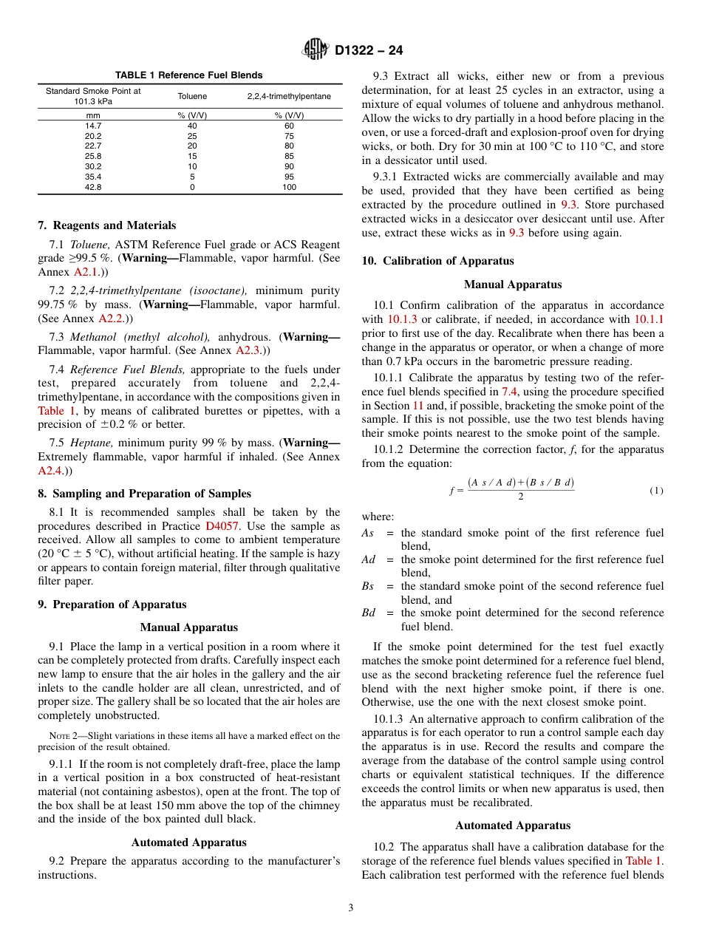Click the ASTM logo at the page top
click(x=316, y=50)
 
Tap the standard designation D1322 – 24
click(x=369, y=51)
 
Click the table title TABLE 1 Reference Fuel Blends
click(x=188, y=75)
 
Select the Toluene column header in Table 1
click(x=192, y=96)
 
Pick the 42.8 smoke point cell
click(x=93, y=188)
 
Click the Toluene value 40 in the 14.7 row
click(x=192, y=126)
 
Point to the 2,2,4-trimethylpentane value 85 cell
click(x=289, y=157)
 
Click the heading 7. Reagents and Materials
click(x=106, y=225)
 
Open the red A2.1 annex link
click(x=85, y=272)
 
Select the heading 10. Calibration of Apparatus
click(x=437, y=261)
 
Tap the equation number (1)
click(x=656, y=491)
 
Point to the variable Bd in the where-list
click(x=369, y=613)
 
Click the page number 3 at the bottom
click(x=351, y=908)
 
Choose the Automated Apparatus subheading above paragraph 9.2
click(x=188, y=842)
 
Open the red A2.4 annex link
click(x=50, y=470)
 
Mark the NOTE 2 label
click(x=62, y=736)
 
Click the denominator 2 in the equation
click(x=520, y=497)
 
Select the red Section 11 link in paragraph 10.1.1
click(x=418, y=406)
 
